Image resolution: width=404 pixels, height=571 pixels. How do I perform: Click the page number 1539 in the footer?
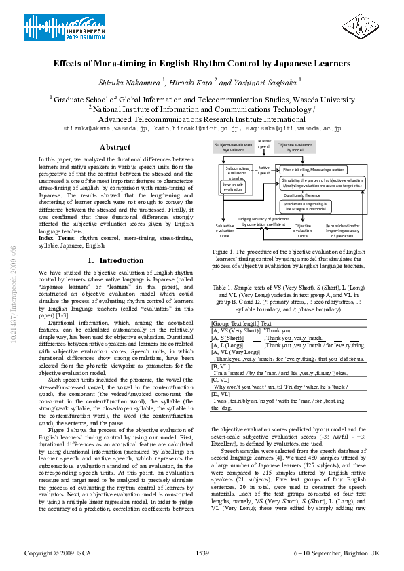tap(202, 553)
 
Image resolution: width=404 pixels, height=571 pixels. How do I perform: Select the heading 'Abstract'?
tap(115, 147)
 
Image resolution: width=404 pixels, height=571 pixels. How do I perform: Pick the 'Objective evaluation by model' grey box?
tap(295, 147)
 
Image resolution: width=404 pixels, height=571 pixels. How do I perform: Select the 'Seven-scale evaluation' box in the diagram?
tap(233, 186)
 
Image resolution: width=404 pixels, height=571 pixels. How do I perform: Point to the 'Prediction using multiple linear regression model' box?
tap(304, 205)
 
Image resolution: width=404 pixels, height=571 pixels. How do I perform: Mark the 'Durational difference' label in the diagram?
tap(284, 195)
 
